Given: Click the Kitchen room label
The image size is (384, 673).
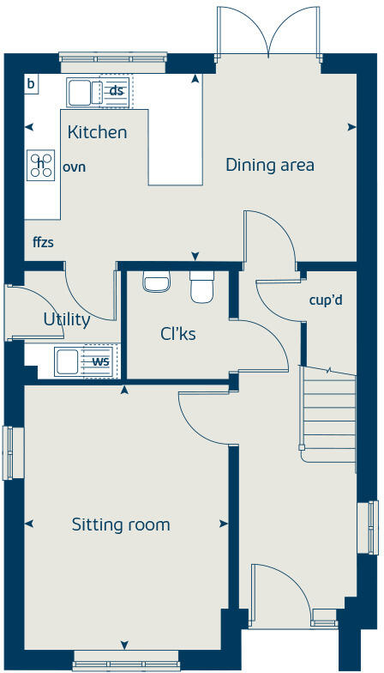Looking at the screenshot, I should click(97, 132).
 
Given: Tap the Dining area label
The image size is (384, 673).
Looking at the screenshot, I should click(269, 165).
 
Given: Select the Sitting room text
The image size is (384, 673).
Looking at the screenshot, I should click(121, 524).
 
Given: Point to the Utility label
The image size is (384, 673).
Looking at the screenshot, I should click(67, 319).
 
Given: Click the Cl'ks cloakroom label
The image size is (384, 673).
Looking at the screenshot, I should click(178, 333).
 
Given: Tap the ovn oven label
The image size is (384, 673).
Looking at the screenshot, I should click(74, 167).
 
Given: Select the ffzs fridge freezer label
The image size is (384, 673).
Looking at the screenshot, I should click(43, 243).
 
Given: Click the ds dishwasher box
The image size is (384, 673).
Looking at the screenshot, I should click(116, 91).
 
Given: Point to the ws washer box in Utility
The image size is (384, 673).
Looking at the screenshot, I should click(100, 361).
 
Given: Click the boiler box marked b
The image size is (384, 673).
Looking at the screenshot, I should click(31, 83).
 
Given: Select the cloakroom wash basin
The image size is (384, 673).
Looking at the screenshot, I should click(156, 282).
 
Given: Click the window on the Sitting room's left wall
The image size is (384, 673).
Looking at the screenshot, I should click(13, 452).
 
